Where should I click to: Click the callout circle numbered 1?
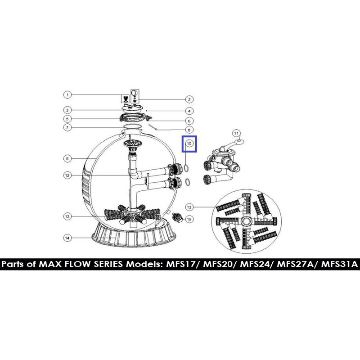pos(67,95)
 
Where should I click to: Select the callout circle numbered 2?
pos(189,99)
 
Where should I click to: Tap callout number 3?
pos(67,110)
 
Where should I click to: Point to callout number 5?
pos(67,119)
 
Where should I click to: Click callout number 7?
pos(67,127)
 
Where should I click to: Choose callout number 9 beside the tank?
pos(67,159)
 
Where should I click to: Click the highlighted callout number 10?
pos(189,144)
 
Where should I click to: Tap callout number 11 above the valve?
pos(237,133)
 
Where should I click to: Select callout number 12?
pos(67,175)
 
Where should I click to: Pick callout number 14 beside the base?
pos(67,238)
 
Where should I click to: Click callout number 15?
pos(189,219)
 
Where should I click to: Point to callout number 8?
pos(189,130)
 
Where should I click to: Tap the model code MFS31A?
pos(340,264)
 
